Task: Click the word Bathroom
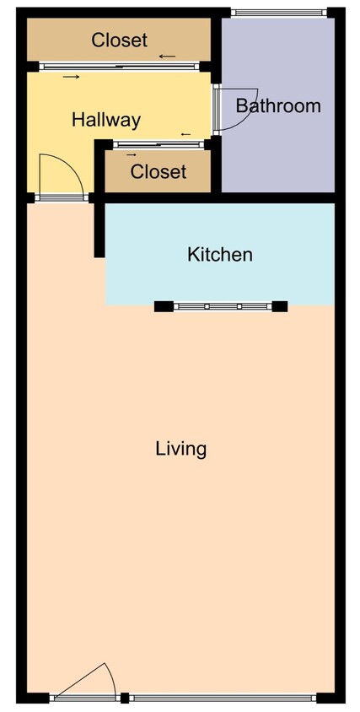278,106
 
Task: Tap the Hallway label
105,120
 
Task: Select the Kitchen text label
219,254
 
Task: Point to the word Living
181,448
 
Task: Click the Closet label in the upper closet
119,40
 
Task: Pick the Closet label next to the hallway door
158,172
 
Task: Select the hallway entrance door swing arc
64,175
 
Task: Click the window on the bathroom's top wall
278,12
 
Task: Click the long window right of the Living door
223,698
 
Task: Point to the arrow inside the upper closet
167,57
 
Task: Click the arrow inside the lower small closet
132,155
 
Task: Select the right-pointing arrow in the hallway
71,78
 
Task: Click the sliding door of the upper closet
119,66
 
